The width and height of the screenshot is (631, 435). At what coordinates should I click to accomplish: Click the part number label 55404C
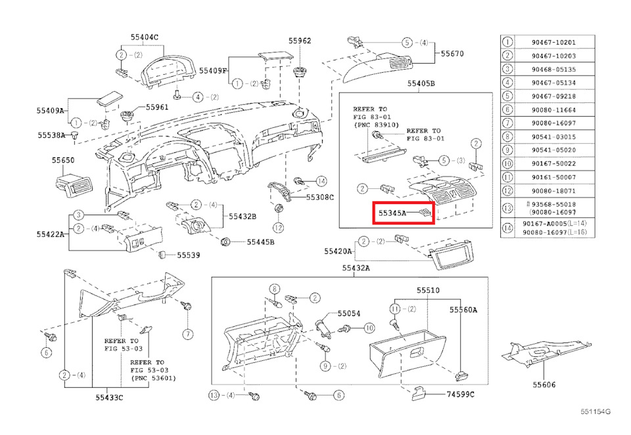144,37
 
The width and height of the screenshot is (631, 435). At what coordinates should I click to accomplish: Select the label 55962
300,41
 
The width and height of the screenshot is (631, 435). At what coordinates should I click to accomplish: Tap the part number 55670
452,54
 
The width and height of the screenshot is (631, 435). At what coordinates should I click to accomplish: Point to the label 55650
63,160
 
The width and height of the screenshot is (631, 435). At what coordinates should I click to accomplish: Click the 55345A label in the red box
392,213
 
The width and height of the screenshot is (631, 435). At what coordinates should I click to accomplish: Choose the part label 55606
544,384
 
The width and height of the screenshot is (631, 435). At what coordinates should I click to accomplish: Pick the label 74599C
460,394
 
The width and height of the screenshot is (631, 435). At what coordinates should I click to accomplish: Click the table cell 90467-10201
553,42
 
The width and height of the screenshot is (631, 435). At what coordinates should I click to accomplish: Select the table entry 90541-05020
553,150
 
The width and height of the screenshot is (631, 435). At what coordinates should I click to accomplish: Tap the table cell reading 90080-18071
553,191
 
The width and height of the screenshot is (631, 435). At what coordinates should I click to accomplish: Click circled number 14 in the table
507,228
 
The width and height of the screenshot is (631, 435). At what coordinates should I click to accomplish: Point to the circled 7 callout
187,334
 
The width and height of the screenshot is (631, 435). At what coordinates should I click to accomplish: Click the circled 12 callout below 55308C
279,228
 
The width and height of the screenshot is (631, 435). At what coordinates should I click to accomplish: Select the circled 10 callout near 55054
369,328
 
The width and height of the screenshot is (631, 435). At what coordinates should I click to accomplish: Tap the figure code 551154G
596,411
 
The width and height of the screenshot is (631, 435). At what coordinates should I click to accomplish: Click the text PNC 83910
376,125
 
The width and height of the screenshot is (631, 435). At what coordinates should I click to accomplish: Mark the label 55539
189,255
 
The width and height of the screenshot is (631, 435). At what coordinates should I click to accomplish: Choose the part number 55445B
260,242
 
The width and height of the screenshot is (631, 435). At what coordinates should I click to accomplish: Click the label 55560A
463,310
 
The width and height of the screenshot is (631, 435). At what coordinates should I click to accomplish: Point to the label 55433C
109,398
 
